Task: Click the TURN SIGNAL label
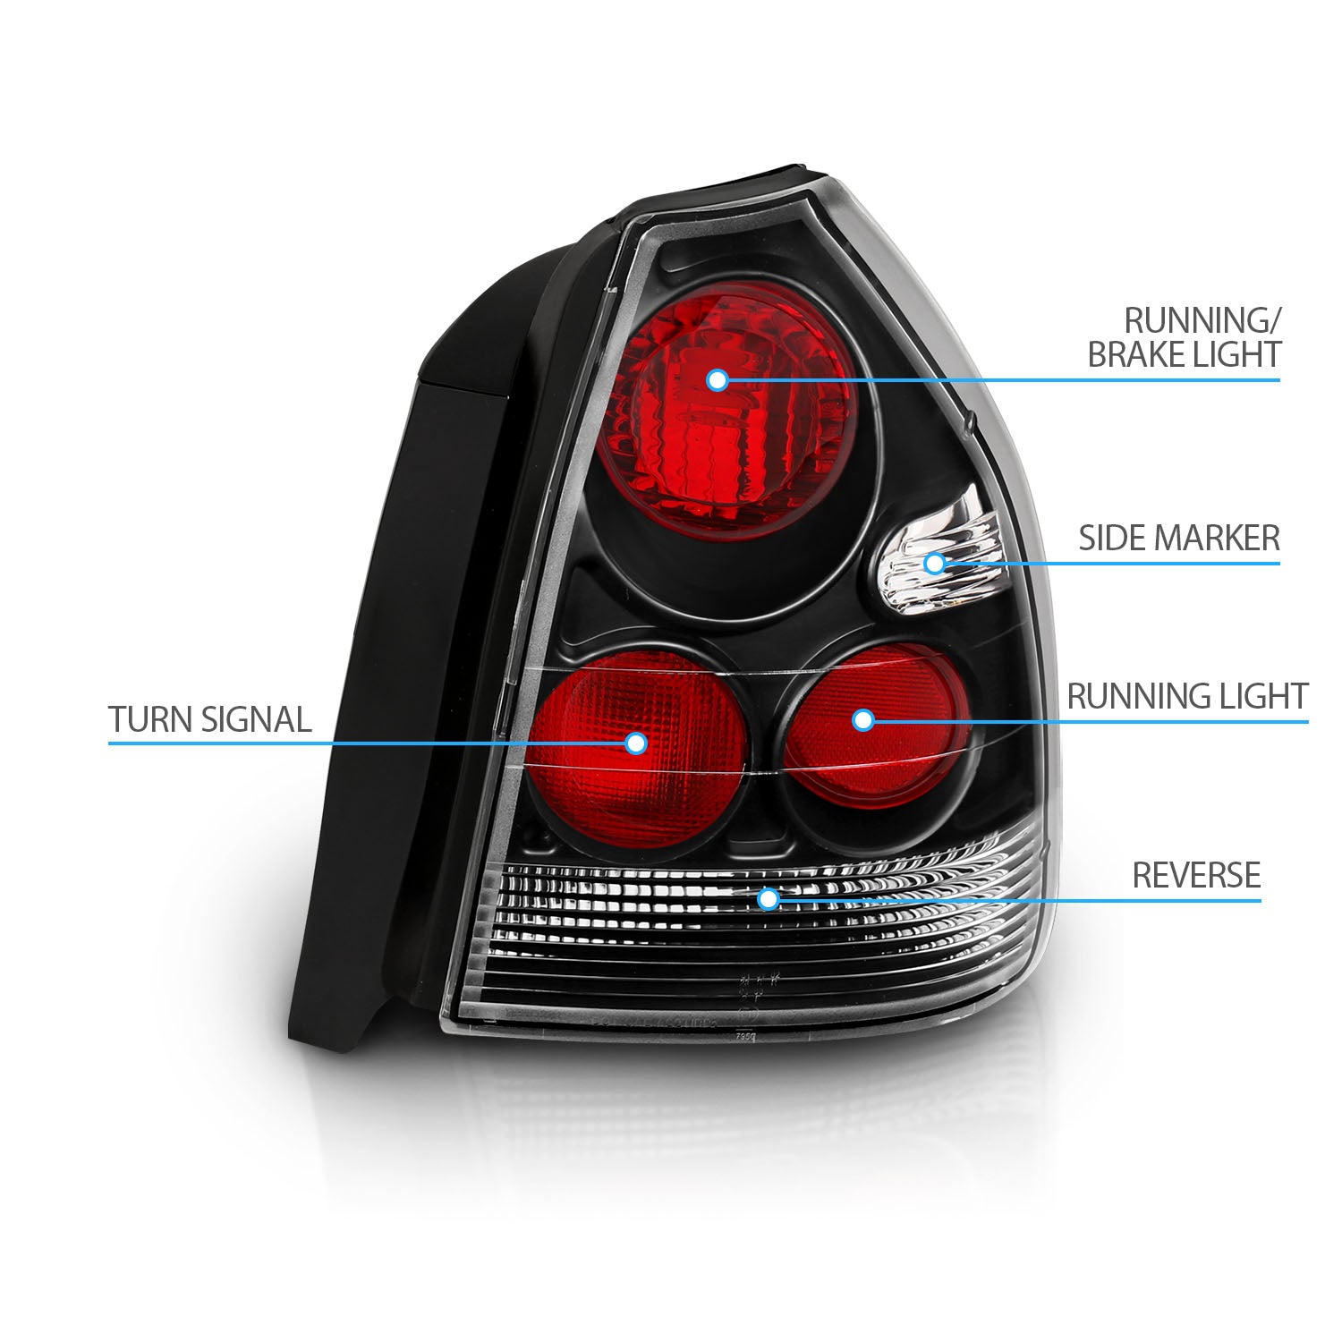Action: coord(210,719)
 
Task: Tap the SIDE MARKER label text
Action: coord(1178,539)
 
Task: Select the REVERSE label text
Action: coord(1196,875)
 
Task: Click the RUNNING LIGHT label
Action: coord(1187,696)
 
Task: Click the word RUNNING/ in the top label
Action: coord(1202,319)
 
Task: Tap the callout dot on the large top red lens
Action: coord(716,380)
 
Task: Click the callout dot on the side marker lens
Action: coord(934,563)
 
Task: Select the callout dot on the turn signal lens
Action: coord(636,743)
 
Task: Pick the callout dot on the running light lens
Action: coord(862,719)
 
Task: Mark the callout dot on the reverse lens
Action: coord(767,897)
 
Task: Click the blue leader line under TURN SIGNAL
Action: coord(358,743)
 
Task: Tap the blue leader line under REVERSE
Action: coord(1074,898)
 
